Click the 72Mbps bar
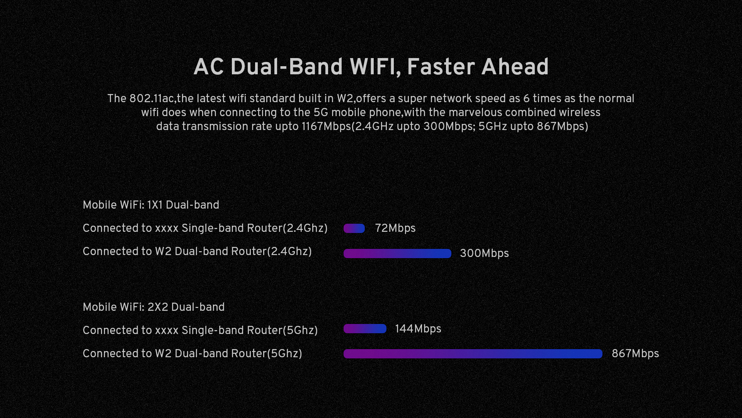pos(354,228)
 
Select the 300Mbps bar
pos(397,254)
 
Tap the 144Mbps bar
pos(365,329)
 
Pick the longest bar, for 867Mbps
pos(473,354)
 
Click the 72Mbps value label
pos(395,228)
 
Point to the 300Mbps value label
pos(484,254)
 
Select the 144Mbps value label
pos(418,329)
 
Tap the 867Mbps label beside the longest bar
pos(635,354)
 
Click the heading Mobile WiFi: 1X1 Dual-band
pos(151,205)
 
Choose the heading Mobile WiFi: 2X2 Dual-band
pos(153,307)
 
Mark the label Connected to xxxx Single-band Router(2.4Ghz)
pos(205,228)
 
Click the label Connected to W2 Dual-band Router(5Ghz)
pos(192,354)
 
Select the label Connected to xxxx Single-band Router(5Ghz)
pos(200,331)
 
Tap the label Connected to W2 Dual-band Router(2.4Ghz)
pos(197,252)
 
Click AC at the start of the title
pos(209,67)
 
